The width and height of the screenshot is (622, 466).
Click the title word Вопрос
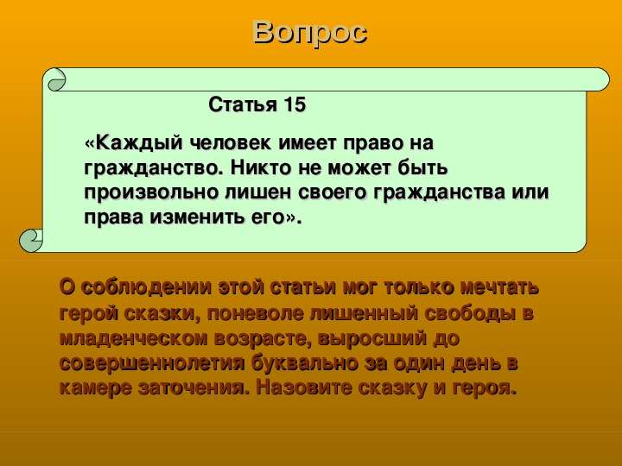310,34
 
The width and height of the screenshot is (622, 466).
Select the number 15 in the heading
295,104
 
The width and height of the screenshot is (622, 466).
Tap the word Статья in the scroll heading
243,105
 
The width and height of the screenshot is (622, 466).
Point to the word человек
231,143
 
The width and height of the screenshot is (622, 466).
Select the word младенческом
134,339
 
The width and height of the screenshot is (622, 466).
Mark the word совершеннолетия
152,364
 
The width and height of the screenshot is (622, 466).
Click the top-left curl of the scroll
57,80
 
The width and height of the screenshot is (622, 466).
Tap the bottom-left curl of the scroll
31,241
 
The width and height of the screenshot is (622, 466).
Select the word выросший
372,339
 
